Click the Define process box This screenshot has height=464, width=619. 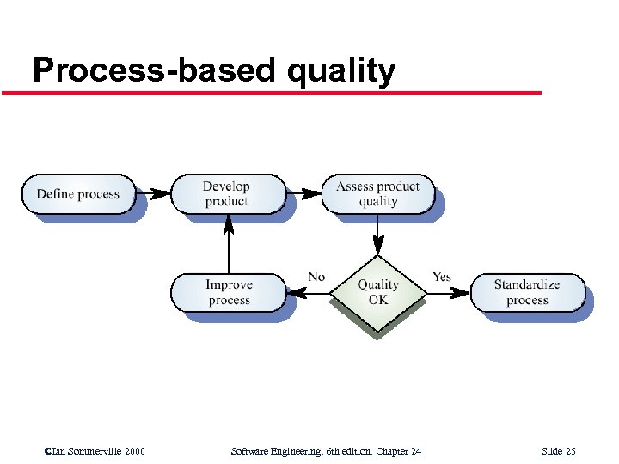pos(77,193)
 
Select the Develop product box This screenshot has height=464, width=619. pos(227,193)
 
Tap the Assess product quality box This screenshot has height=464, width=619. pos(377,193)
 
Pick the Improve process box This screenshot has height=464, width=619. pos(228,292)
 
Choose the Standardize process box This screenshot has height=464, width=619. pos(527,292)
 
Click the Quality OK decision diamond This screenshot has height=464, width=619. pos(378,292)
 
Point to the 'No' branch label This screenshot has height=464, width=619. pos(316,276)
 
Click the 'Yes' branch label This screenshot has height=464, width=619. pos(441,276)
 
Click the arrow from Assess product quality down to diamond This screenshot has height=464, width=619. pos(378,235)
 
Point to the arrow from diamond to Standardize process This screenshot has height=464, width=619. pos(449,293)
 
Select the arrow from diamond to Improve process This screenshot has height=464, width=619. pos(308,293)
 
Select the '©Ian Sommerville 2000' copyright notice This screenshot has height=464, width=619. pos(95,451)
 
